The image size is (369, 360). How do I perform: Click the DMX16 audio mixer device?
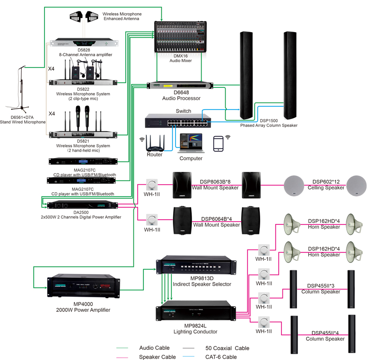point(182,37)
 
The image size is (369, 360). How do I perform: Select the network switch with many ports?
point(177,121)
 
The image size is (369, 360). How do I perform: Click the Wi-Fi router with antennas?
point(155,142)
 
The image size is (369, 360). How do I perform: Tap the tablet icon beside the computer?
point(219,144)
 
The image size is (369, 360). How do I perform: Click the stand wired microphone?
point(21,90)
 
